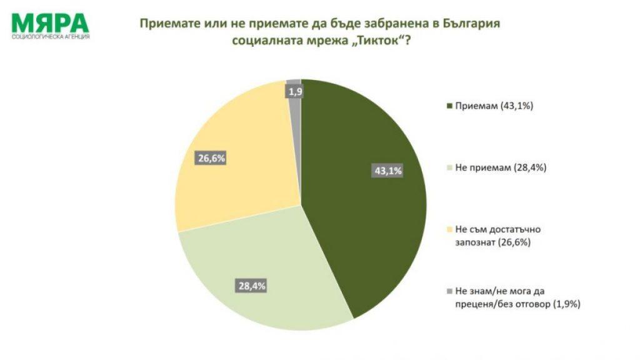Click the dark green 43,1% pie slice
[362, 206]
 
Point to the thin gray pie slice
[296, 106]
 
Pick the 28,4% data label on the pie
[252, 286]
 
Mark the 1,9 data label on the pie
[296, 92]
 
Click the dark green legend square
[449, 106]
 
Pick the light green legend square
[449, 167]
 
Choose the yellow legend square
[449, 229]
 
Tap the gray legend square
[449, 291]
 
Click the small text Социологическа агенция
[51, 37]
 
